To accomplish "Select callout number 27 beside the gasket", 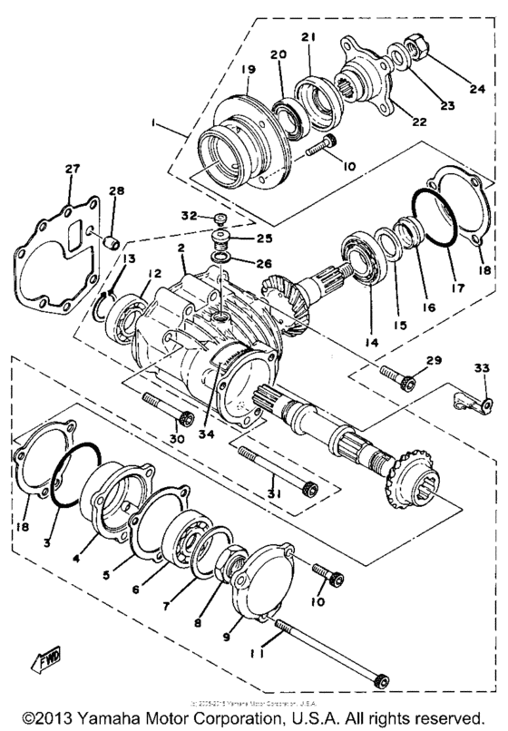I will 72,170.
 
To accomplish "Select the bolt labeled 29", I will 398,378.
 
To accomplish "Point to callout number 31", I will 275,493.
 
